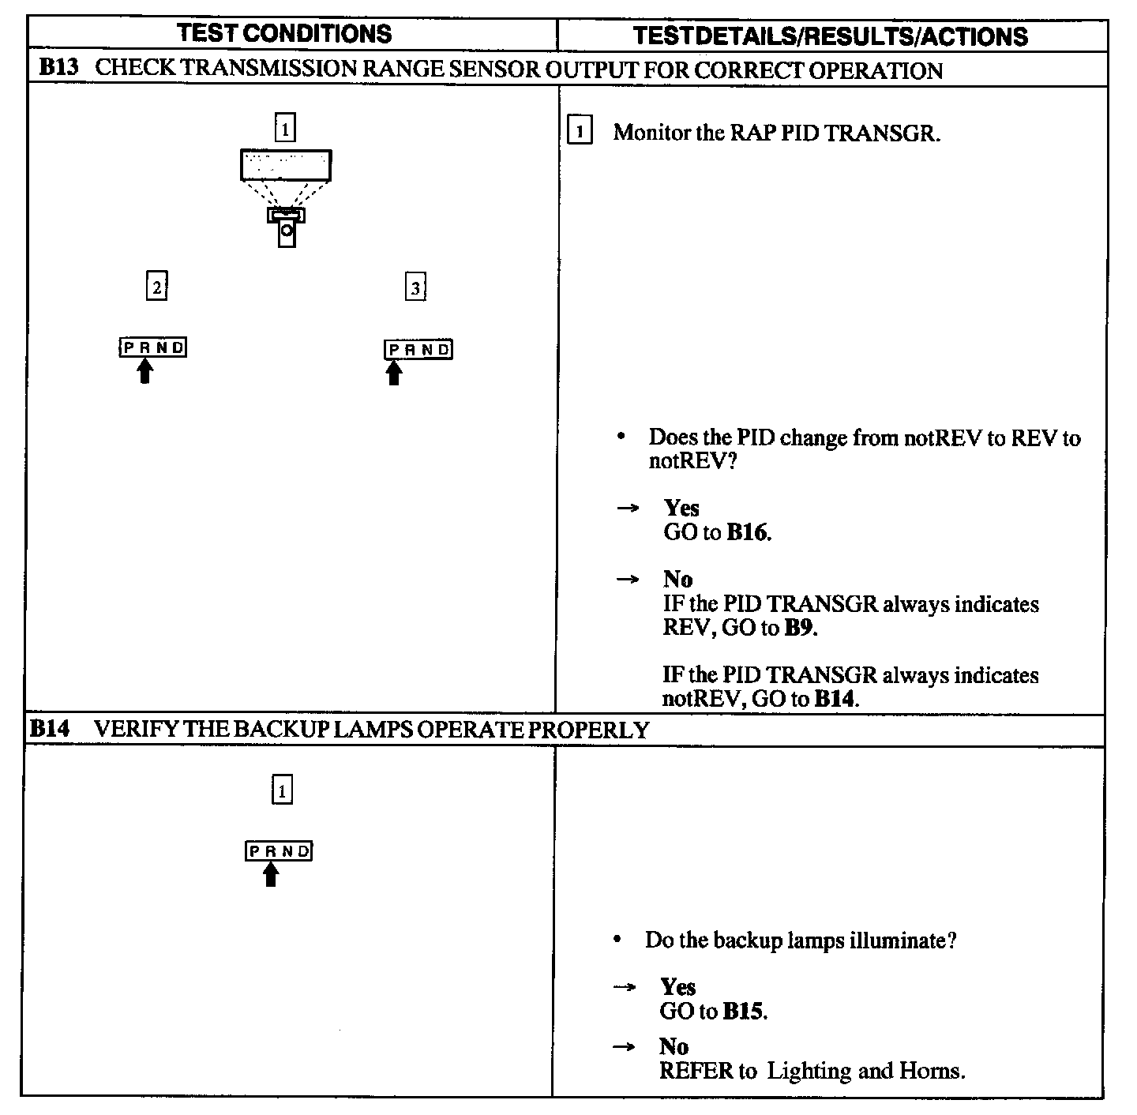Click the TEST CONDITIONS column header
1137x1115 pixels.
point(284,34)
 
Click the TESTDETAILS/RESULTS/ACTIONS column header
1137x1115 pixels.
point(831,36)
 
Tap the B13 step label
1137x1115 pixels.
point(58,68)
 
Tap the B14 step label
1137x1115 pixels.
point(50,729)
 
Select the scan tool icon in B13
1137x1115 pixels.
point(286,198)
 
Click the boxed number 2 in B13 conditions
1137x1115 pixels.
point(157,287)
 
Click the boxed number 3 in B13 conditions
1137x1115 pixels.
point(415,287)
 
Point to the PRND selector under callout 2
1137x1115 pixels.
point(153,347)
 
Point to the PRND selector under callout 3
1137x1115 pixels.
point(418,350)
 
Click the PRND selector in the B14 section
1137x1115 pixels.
point(279,851)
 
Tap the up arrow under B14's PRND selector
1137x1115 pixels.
point(271,874)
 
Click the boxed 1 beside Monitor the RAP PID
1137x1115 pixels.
point(580,132)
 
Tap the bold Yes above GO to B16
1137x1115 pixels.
point(681,508)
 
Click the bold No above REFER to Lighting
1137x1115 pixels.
point(674,1047)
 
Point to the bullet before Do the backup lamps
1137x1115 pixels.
point(619,940)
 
